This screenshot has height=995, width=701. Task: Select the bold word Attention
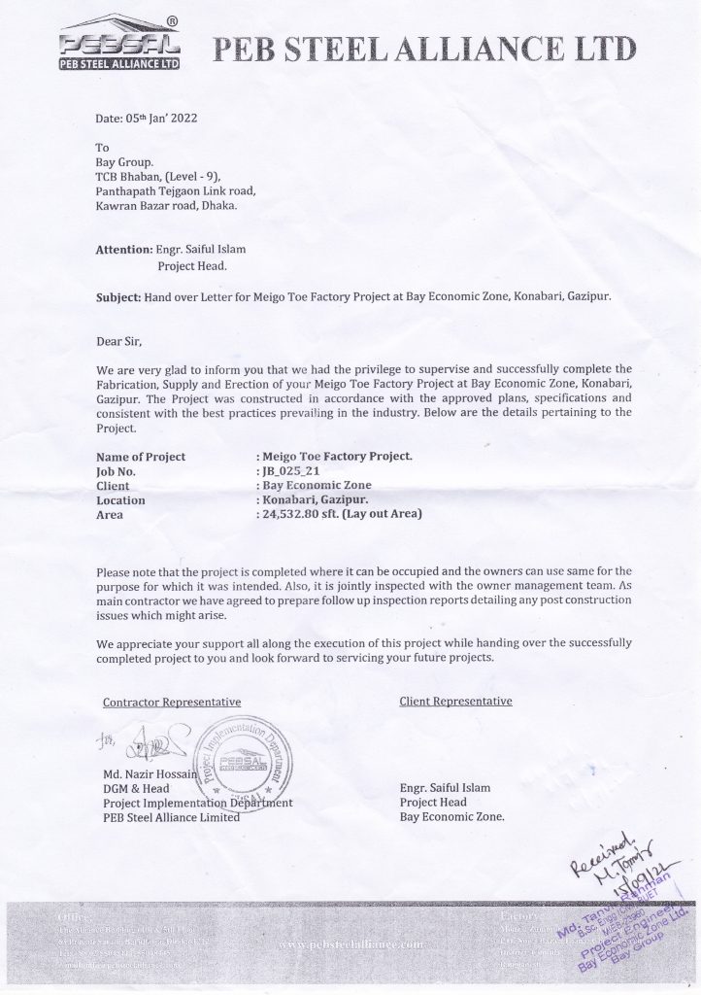pos(123,250)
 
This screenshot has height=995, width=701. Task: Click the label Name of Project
pos(141,456)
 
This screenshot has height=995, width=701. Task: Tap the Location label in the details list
pos(120,500)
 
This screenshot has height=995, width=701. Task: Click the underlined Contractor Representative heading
pos(172,701)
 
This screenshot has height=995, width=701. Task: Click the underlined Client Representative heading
pos(455,701)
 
